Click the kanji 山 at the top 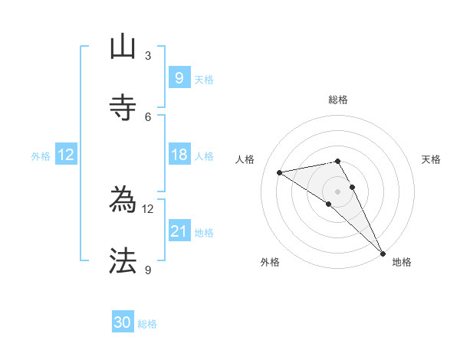(123, 47)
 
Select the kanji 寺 (123, 107)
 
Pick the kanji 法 (123, 261)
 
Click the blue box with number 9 (179, 77)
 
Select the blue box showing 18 (179, 155)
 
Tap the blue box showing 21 (179, 231)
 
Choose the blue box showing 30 (123, 322)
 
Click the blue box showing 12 (66, 155)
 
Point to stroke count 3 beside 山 (148, 56)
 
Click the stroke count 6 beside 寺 (148, 116)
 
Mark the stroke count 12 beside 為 (148, 208)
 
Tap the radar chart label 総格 (338, 100)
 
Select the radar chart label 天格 (431, 159)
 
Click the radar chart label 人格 (245, 159)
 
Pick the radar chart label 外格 (270, 262)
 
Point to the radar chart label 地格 (402, 262)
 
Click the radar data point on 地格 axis (383, 253)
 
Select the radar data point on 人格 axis (279, 172)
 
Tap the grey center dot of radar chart (338, 191)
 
